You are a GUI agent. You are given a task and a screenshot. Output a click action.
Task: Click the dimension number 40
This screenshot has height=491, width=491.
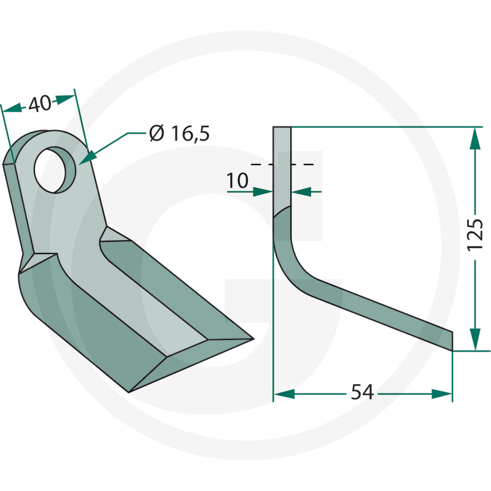[x=40, y=104]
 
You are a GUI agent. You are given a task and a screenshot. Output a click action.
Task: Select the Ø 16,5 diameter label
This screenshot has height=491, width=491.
[x=179, y=133]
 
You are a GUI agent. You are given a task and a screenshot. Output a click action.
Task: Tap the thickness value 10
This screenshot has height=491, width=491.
[x=238, y=180]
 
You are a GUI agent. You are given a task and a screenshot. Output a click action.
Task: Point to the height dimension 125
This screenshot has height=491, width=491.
[x=475, y=235]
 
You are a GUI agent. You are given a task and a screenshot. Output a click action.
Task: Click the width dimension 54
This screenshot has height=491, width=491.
[x=362, y=392]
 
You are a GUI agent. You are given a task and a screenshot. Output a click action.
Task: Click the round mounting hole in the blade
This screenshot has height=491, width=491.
[x=55, y=170]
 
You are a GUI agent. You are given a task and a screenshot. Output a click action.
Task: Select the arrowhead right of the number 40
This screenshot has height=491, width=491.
[x=65, y=98]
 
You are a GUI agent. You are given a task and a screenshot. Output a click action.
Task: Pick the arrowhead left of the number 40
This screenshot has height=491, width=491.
[x=12, y=109]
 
